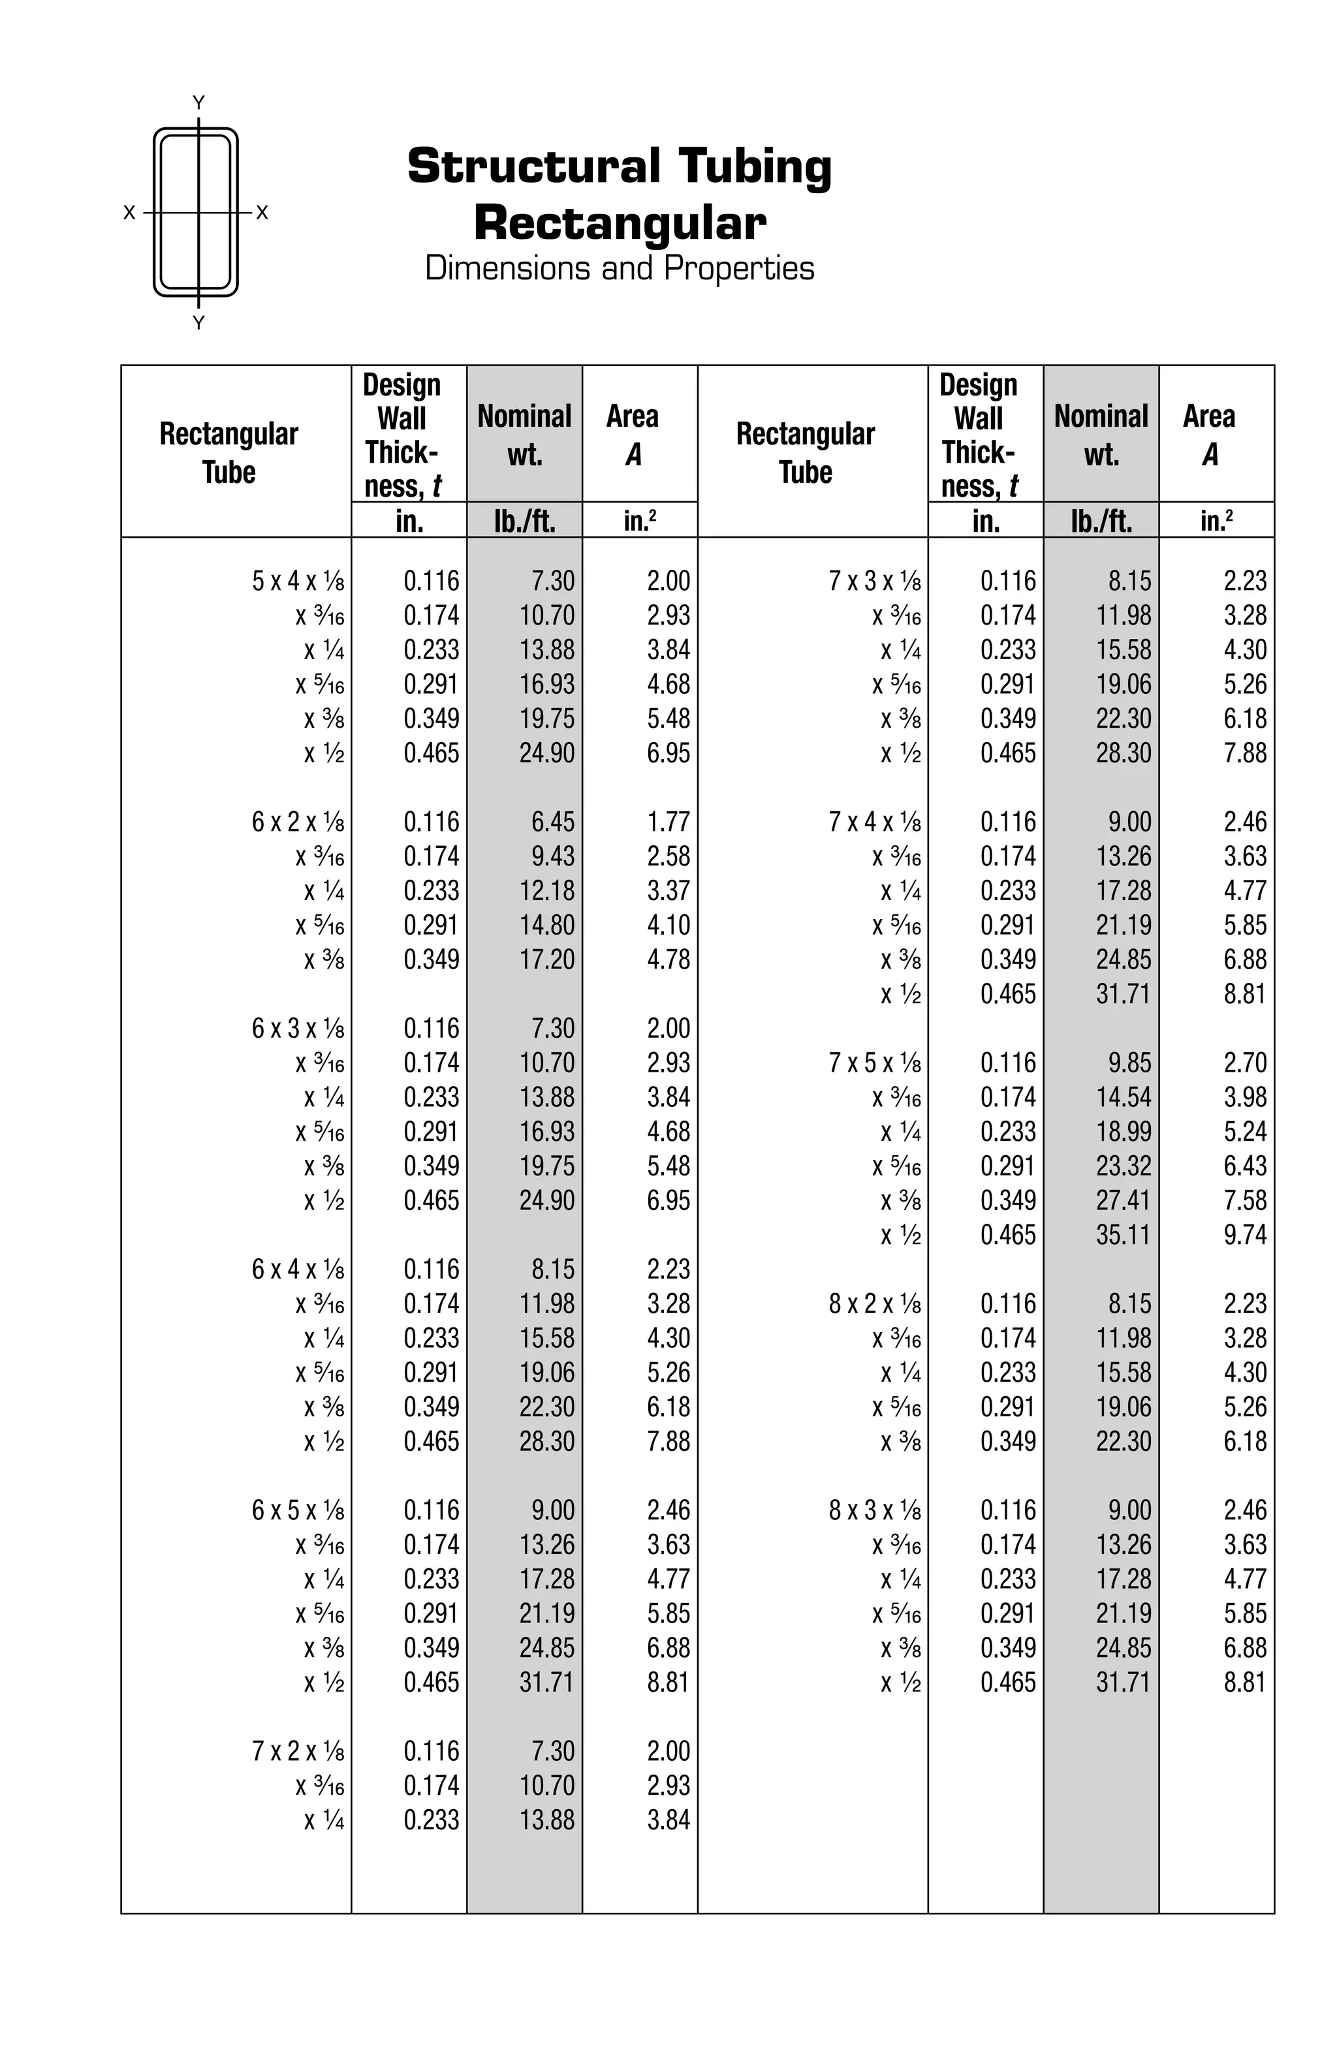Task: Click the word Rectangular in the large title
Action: [620, 223]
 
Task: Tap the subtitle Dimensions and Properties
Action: [620, 268]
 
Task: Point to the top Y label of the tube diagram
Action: [198, 102]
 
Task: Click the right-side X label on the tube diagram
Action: [262, 213]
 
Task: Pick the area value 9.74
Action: [1244, 1235]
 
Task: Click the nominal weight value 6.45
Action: [553, 822]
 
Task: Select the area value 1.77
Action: [668, 822]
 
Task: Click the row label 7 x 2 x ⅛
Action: [298, 1751]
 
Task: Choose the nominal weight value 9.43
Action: [553, 856]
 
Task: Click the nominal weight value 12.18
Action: [546, 891]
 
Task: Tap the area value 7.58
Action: [1244, 1200]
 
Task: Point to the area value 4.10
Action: [668, 925]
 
